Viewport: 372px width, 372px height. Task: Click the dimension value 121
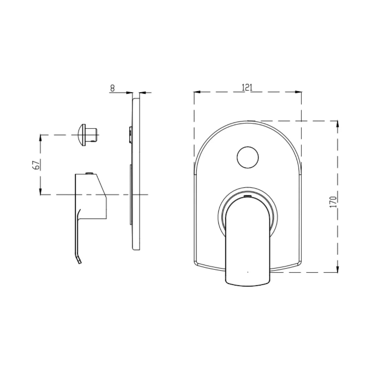coord(247,87)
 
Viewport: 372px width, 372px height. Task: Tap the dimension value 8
coord(112,88)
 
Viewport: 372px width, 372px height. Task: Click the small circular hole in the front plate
coord(248,157)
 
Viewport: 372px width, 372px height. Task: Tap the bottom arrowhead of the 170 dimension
coord(337,269)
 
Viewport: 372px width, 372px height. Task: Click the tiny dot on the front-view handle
coord(248,272)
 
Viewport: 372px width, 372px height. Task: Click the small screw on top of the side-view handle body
coord(89,173)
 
